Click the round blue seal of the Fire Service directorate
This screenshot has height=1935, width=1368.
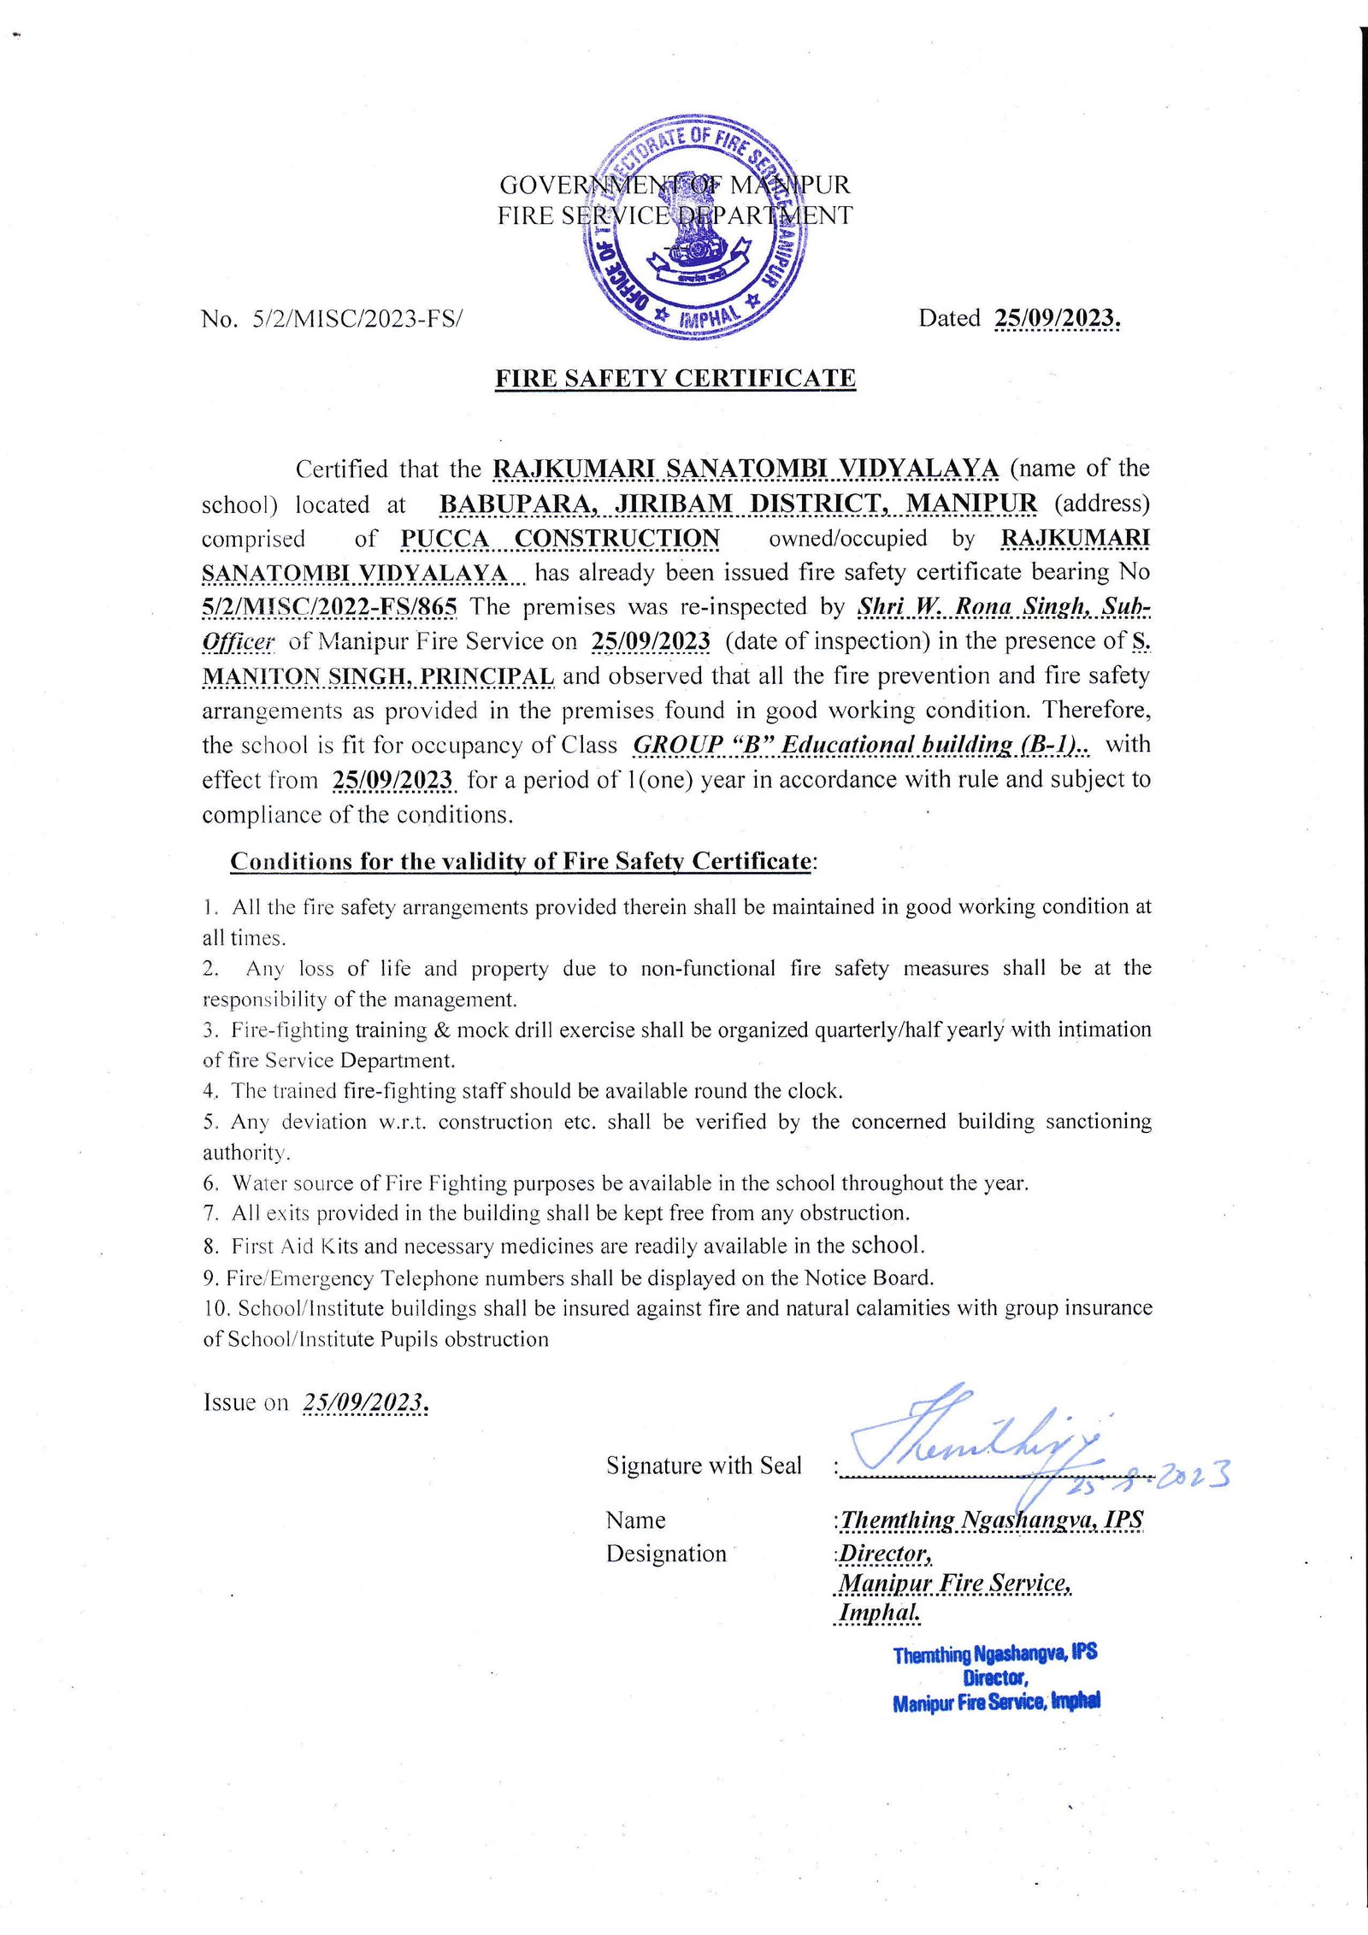(x=693, y=227)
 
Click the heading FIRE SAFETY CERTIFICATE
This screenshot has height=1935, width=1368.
(x=675, y=379)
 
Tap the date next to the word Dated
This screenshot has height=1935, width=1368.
(x=1057, y=319)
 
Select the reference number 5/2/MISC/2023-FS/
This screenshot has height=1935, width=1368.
(x=357, y=320)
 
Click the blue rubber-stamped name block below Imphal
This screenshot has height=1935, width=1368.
(x=996, y=1678)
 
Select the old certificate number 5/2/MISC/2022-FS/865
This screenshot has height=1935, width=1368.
(x=330, y=607)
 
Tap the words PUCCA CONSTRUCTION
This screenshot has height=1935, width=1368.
(x=560, y=539)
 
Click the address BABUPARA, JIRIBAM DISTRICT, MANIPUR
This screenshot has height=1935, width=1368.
(x=738, y=504)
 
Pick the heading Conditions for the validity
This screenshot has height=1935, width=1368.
(x=520, y=861)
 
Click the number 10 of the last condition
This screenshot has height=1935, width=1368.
(x=215, y=1308)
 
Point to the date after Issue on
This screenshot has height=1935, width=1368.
(x=365, y=1402)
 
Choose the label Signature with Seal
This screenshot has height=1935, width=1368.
(x=704, y=1466)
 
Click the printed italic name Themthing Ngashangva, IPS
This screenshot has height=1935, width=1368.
(x=991, y=1519)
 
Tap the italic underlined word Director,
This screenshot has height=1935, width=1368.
(x=885, y=1554)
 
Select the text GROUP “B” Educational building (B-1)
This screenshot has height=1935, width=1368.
(x=860, y=745)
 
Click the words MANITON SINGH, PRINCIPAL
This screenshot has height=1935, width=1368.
(x=378, y=676)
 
